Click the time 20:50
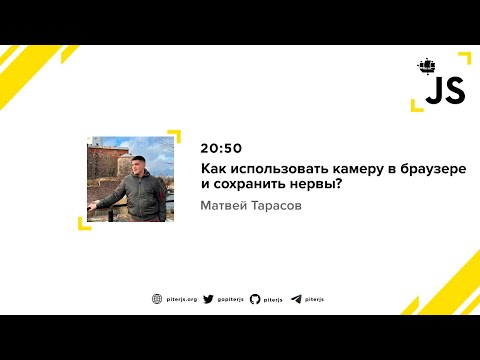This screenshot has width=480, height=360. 220,147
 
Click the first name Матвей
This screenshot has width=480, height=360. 225,207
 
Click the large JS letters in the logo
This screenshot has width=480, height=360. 444,91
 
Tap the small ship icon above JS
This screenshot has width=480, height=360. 427,67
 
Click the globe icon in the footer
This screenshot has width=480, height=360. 156,298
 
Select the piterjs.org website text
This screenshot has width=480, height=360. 180,298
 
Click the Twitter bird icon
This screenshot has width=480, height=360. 208,298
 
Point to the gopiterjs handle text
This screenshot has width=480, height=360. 229,298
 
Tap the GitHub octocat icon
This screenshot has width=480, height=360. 255,298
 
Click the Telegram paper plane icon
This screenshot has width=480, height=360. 296,298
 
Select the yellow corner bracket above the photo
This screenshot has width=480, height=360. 172,135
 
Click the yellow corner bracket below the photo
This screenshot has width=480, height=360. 84,222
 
